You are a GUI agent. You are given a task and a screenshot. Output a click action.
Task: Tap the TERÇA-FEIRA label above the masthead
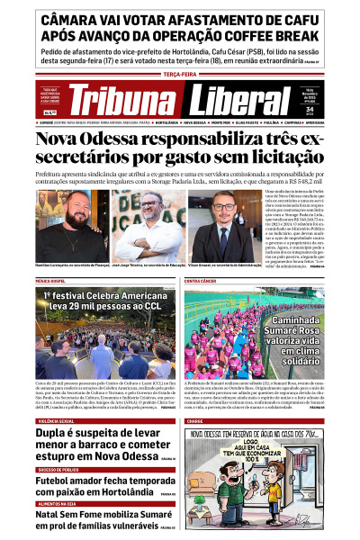coord(180,76)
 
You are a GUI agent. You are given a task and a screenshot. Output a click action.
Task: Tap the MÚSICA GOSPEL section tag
coord(54,281)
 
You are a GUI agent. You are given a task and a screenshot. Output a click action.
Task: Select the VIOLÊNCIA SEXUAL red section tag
coord(57,420)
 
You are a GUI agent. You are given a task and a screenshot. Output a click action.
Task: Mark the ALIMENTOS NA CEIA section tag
coord(57,503)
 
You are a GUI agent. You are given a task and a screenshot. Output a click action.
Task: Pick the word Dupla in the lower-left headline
coord(55,434)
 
